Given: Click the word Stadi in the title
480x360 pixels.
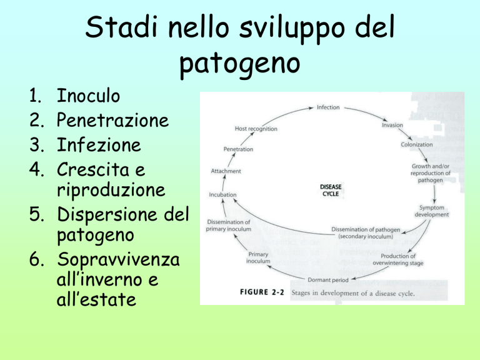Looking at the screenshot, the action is point(121,27).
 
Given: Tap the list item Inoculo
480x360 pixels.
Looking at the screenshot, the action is point(88,96).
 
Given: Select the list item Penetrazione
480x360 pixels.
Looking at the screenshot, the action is point(112,120).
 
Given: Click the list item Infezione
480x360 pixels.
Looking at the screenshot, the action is point(99,144).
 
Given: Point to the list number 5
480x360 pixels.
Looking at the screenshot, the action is point(36,214).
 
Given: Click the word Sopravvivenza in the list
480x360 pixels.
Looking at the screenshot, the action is point(118,259).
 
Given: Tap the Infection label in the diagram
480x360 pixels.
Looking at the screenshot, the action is point(328,107).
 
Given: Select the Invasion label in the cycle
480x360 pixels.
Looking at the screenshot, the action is point(392,125).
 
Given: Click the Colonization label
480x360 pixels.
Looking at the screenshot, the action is point(417,144).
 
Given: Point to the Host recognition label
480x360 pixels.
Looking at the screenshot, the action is point(256,129).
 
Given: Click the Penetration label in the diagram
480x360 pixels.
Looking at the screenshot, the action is point(238,149).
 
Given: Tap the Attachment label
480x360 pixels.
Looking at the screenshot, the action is point(226,171).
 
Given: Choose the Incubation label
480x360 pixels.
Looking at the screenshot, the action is point(222,195).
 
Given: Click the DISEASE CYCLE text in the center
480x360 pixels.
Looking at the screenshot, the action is point(331,191).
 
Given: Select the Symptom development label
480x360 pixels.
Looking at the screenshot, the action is point(432,211).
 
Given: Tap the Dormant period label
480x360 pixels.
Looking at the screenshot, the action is point(328,280).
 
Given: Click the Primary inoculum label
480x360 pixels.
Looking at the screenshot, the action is point(258,257).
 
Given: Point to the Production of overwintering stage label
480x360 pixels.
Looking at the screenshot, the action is point(398,259).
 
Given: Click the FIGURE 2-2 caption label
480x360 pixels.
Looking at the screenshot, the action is point(262,292).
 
